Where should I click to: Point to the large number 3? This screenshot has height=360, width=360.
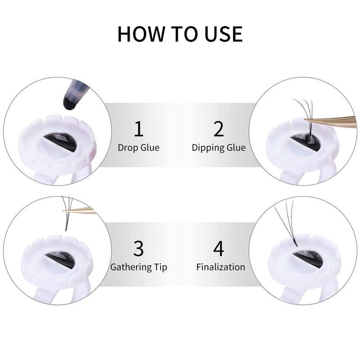pos(139,248)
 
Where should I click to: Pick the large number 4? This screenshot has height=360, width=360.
pos(219,248)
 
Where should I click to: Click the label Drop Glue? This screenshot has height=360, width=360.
pos(139,148)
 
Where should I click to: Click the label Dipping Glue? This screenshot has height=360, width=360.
pos(219,148)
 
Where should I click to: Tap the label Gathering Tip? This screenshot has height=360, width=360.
pos(139,267)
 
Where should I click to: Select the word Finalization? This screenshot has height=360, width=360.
pos(220,267)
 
